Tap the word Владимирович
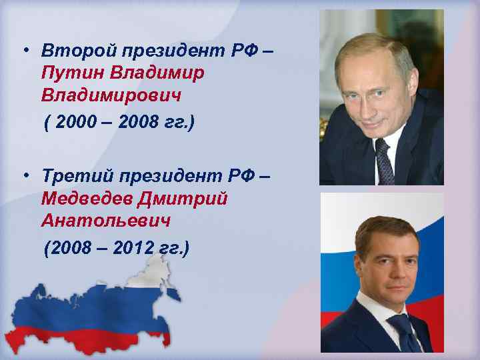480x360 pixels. tap(111, 96)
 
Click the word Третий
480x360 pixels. tap(68, 177)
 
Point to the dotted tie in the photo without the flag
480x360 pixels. tap(385, 160)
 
